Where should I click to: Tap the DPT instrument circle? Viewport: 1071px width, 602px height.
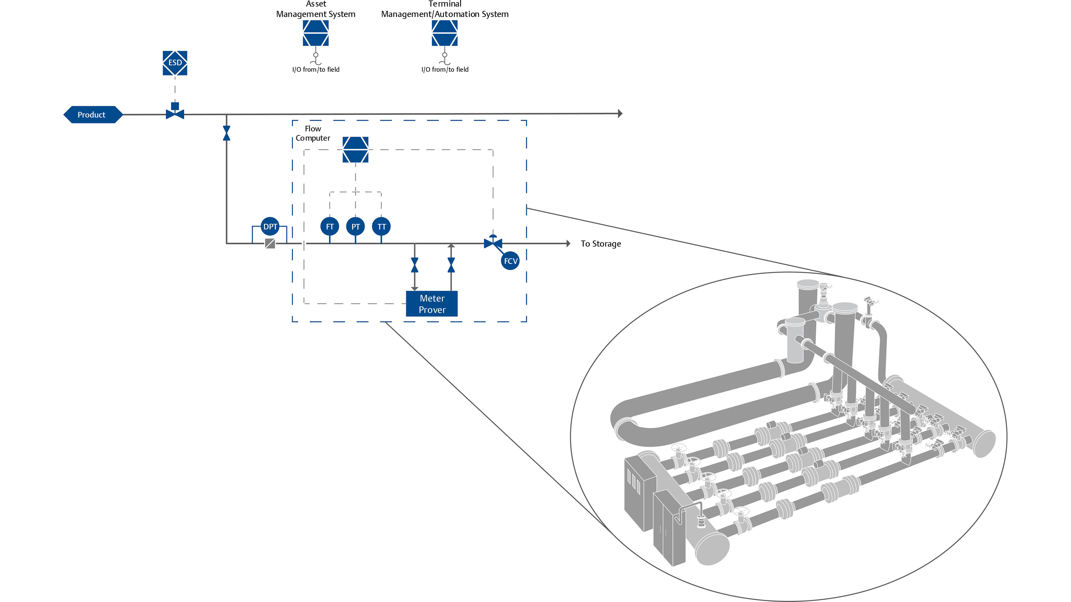(x=270, y=226)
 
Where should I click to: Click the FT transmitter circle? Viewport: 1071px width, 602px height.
(x=330, y=226)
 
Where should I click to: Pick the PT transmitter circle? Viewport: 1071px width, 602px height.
(x=356, y=226)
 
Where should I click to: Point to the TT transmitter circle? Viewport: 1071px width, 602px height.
(x=381, y=226)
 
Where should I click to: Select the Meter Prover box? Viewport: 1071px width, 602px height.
(x=432, y=304)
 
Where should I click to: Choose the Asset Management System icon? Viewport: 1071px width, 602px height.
(x=316, y=33)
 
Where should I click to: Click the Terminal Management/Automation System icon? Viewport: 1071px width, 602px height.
(x=444, y=33)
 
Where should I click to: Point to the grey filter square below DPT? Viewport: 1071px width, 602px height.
(x=270, y=243)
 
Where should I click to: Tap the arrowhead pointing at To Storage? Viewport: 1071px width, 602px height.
(x=568, y=243)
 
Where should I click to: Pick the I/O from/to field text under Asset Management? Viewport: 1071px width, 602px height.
(x=316, y=69)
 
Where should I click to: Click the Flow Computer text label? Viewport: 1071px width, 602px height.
(x=313, y=133)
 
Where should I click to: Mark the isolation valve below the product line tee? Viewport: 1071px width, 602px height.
(x=227, y=133)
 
